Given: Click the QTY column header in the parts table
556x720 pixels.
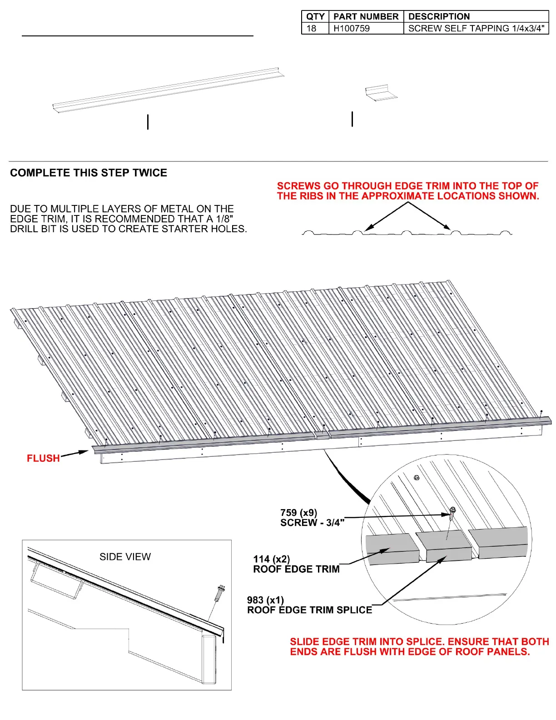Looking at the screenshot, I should point(315,16).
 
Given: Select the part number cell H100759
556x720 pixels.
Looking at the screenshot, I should point(352,28).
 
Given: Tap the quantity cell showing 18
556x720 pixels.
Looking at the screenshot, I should point(312,28).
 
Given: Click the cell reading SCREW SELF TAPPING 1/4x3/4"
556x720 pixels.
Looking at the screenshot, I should point(476,28).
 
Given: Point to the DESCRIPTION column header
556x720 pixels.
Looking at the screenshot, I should point(439,16).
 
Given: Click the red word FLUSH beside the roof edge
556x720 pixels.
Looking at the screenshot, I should point(43,458).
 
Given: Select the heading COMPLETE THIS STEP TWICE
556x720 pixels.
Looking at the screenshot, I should point(89,173).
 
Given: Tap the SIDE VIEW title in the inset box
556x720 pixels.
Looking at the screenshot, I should point(125,557).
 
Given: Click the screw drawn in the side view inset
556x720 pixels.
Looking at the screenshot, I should point(221,593).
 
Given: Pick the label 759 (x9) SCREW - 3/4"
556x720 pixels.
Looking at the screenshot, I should point(312,518).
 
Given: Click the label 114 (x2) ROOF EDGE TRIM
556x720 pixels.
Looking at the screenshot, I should point(296,564).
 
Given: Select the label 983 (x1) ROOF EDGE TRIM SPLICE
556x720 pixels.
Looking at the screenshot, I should point(309,605).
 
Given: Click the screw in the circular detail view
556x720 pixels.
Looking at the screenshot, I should point(452,513).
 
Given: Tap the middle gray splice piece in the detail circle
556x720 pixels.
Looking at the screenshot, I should point(443,546).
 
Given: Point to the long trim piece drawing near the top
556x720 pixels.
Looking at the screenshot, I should point(168,90).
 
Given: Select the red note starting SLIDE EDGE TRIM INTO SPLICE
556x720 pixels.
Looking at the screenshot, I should point(419,647).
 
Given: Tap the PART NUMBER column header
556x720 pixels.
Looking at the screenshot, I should point(366,16).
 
